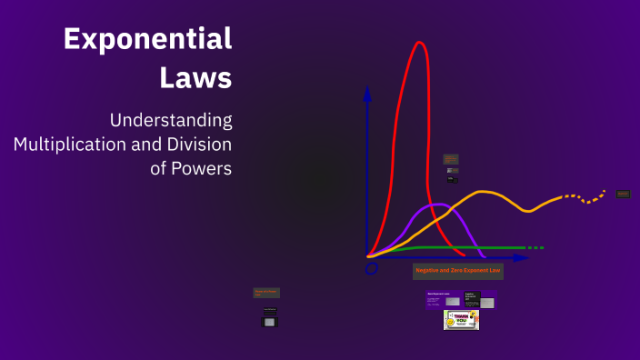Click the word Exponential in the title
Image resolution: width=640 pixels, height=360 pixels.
147,39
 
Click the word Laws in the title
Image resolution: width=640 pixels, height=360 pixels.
195,77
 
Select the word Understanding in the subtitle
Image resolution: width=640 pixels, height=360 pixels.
170,120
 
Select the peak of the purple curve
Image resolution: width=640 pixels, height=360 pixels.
439,205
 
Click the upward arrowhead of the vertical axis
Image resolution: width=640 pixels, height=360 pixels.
367,93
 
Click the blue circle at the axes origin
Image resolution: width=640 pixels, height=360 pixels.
371,268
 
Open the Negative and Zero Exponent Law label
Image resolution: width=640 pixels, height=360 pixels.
458,271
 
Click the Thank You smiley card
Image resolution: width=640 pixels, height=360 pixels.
461,319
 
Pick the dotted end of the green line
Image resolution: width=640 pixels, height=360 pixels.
535,247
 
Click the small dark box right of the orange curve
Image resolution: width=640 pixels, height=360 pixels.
624,194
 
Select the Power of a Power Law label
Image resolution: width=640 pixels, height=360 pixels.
267,293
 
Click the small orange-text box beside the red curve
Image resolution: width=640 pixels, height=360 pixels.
451,159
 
